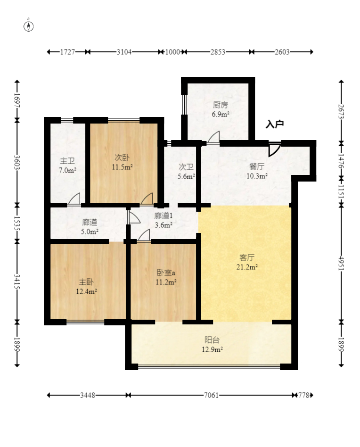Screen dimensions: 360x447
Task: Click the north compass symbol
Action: click(x=28, y=26)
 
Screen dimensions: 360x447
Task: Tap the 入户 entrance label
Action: click(x=275, y=124)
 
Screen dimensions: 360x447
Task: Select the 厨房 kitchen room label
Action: click(x=221, y=105)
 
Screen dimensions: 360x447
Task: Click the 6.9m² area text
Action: click(x=221, y=115)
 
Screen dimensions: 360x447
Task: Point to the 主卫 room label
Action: click(x=67, y=161)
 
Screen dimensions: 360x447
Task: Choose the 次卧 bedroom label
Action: click(x=122, y=157)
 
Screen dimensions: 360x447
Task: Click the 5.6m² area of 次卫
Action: click(x=186, y=176)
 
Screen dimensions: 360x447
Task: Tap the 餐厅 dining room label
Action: click(x=257, y=166)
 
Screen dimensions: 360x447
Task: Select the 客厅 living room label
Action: click(x=246, y=258)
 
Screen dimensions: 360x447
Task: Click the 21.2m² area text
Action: click(x=247, y=267)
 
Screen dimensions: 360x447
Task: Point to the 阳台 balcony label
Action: click(x=212, y=340)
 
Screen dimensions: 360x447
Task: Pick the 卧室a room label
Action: click(x=166, y=273)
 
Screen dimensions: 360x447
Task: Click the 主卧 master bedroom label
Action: click(x=86, y=282)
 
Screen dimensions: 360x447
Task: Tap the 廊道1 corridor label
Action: click(x=163, y=216)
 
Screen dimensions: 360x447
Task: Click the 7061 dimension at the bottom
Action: click(x=211, y=395)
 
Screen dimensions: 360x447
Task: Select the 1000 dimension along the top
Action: click(x=172, y=52)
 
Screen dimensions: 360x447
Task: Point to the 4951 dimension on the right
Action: click(x=342, y=263)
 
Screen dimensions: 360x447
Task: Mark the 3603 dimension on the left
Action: click(x=17, y=162)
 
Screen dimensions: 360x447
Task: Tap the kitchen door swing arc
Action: click(x=213, y=137)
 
